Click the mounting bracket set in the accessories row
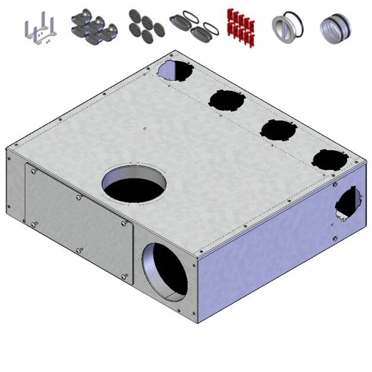coord(40,30)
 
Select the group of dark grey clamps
coord(93,27)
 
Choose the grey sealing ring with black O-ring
coord(287,27)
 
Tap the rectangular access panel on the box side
coord(78,222)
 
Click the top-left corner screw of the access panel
coord(33,171)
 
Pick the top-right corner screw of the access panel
coord(124,223)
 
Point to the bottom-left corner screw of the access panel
coord(34,223)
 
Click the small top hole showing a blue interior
coord(175,71)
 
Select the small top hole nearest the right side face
coord(330,160)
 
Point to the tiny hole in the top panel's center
coord(144,128)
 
